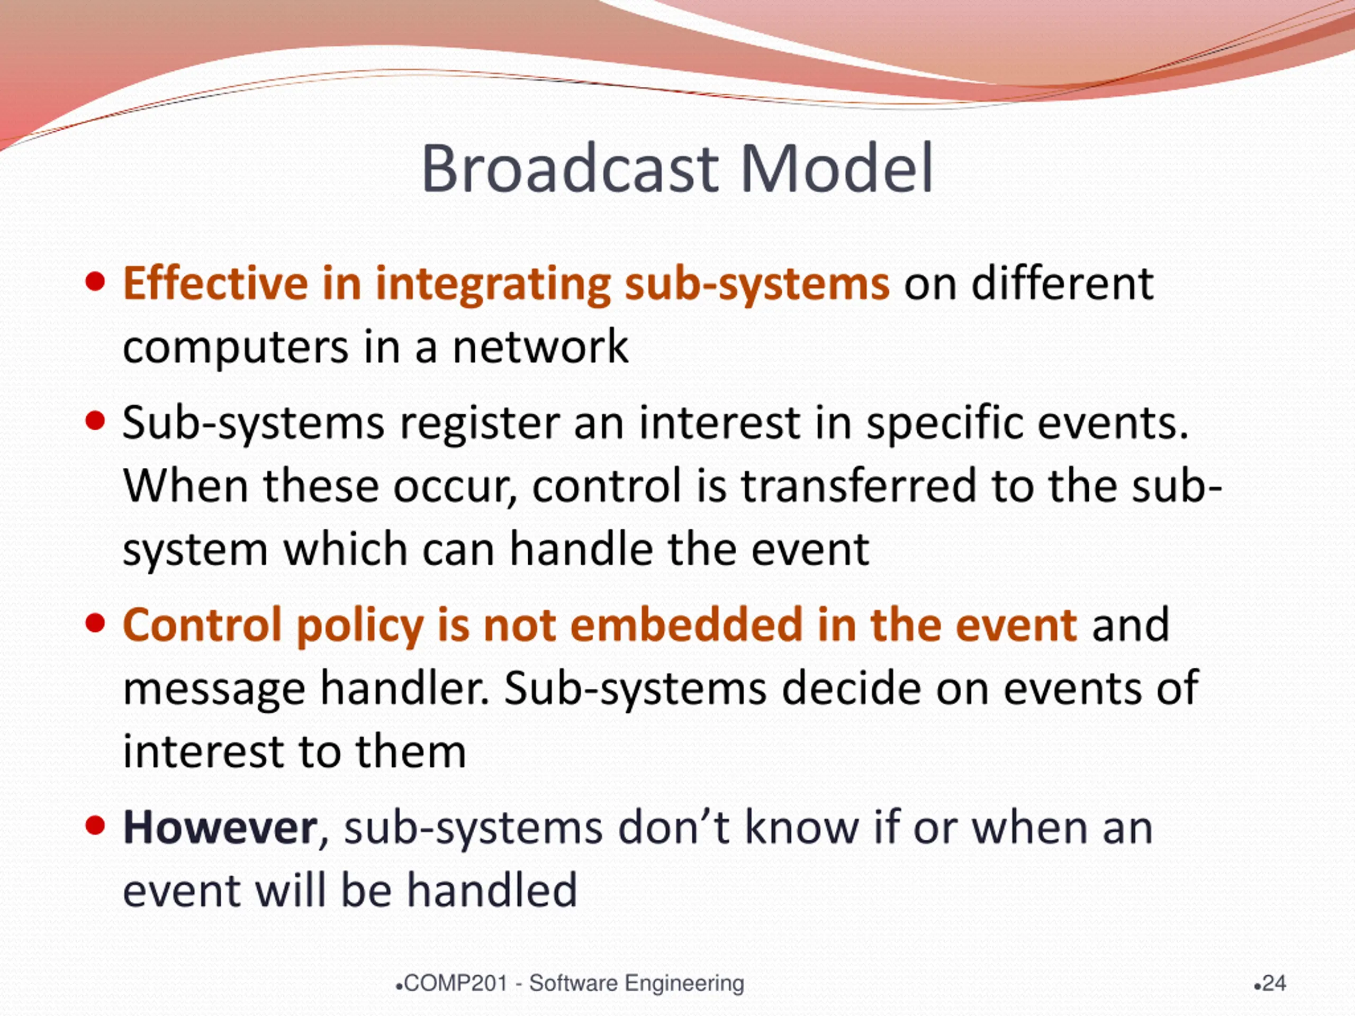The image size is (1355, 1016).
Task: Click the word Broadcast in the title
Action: pyautogui.click(x=570, y=168)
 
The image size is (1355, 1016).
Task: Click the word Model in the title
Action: pyautogui.click(x=837, y=168)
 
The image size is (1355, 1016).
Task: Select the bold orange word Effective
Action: pyautogui.click(x=215, y=283)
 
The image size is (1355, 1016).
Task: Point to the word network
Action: pyautogui.click(x=540, y=347)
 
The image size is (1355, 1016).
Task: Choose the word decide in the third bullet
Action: pyautogui.click(x=851, y=688)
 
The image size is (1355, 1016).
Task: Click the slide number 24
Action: pyautogui.click(x=1273, y=984)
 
